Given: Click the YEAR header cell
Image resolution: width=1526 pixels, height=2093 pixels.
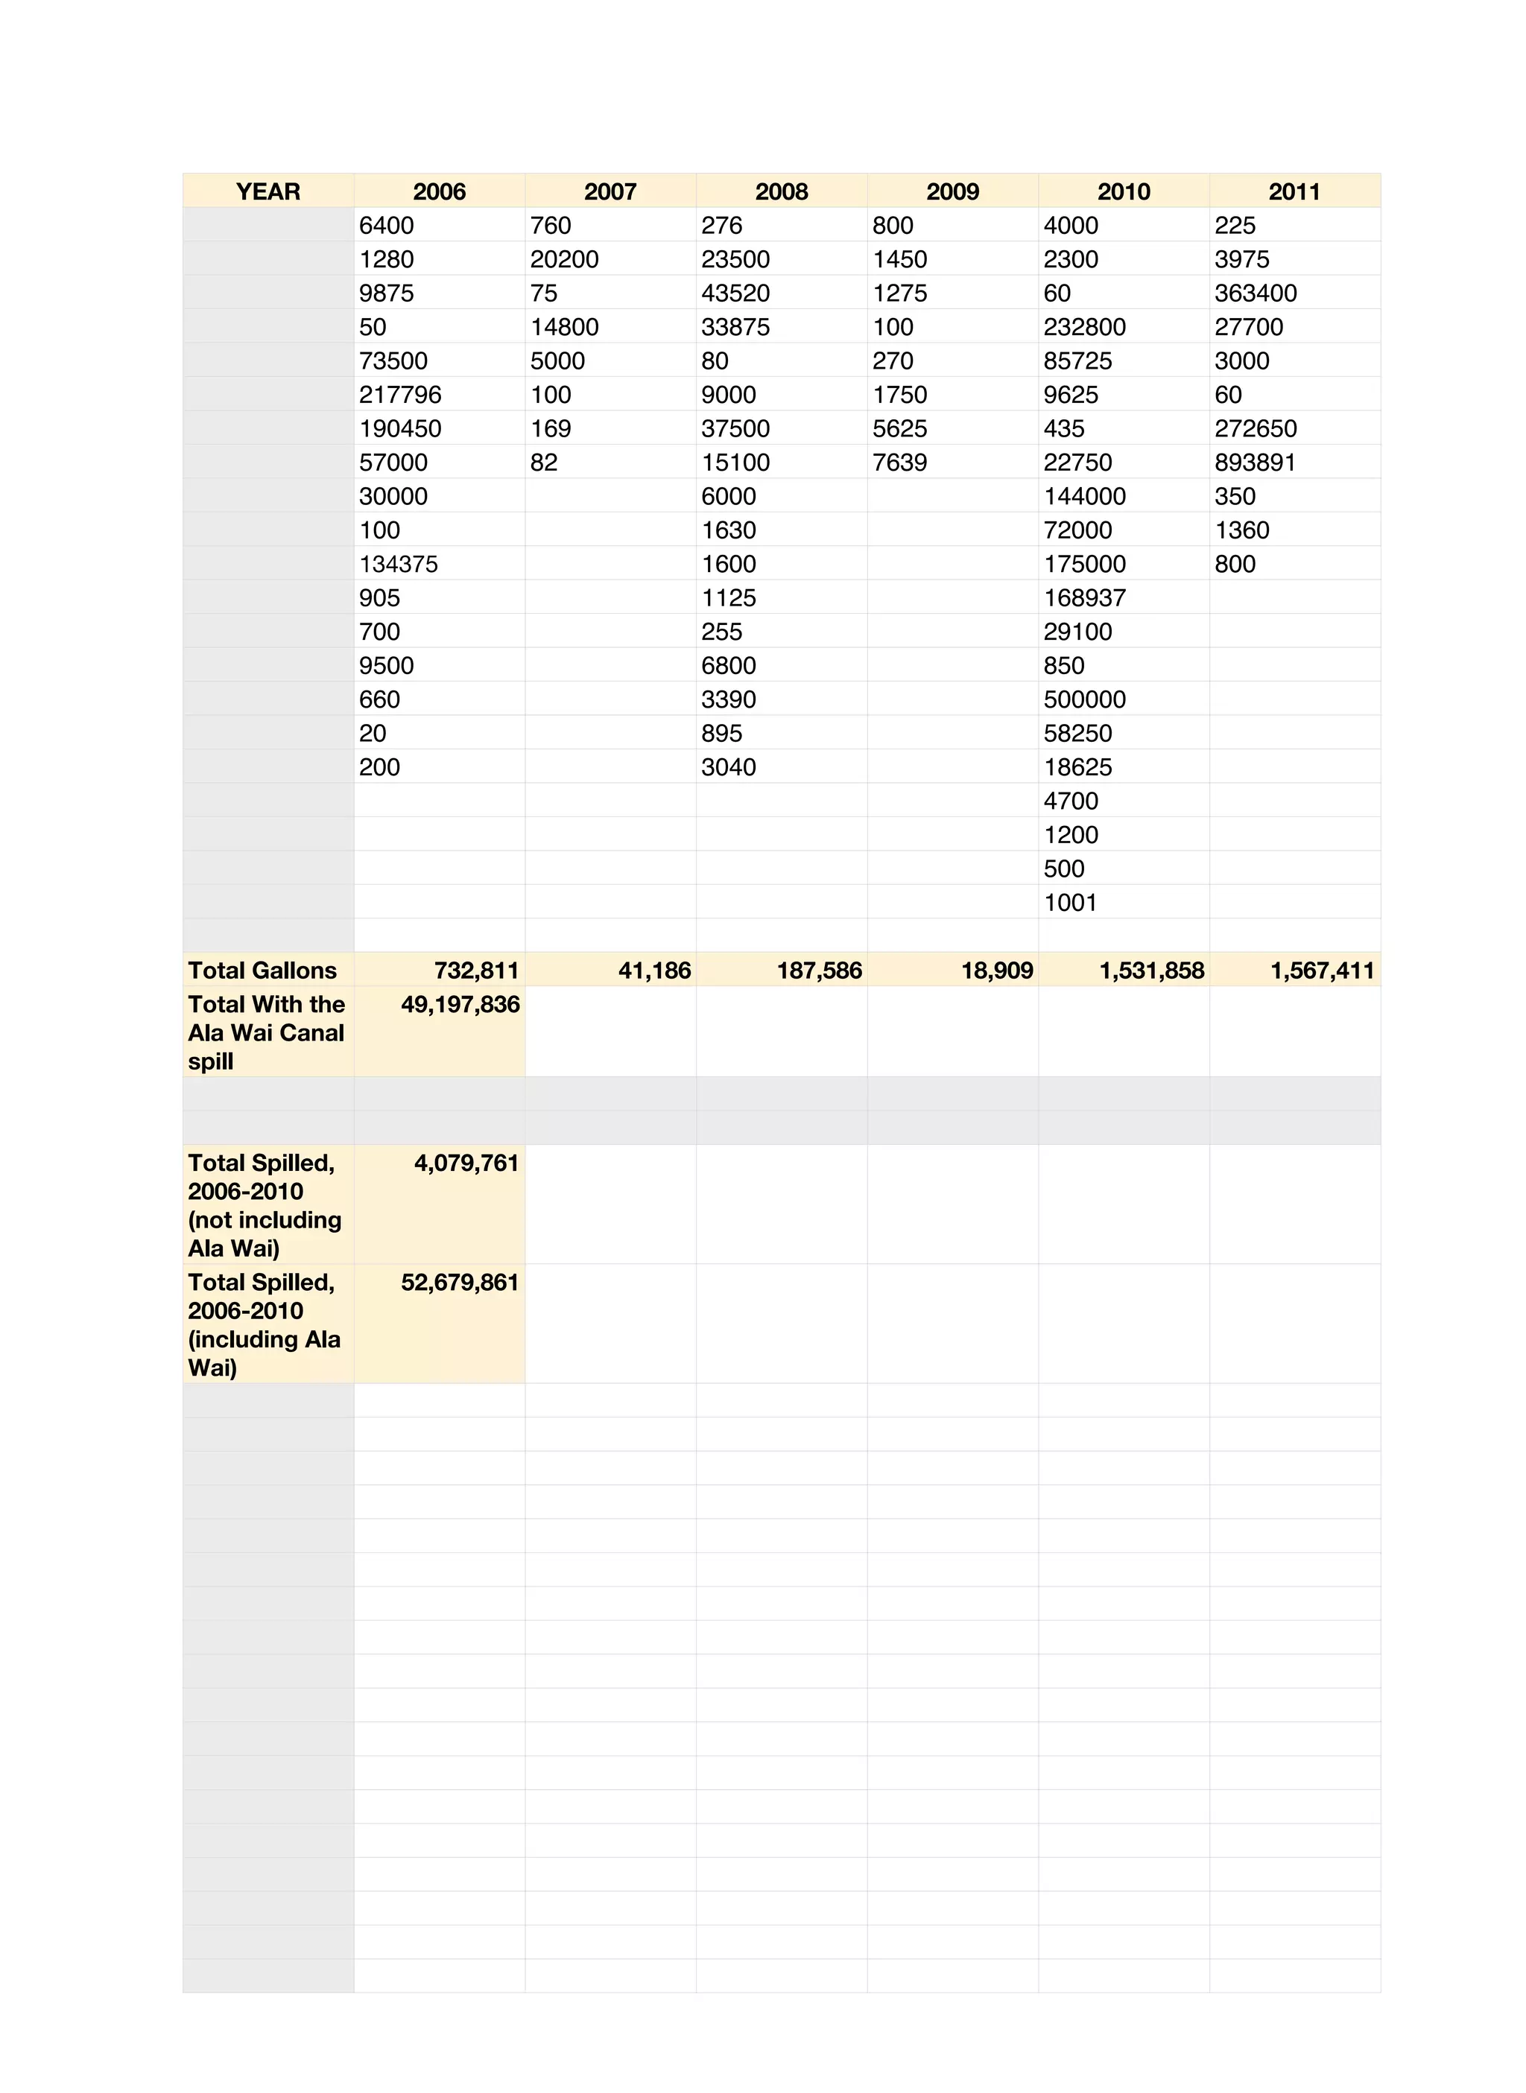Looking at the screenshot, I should click(268, 191).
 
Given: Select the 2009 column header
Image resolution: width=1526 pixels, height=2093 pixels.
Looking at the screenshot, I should click(952, 191).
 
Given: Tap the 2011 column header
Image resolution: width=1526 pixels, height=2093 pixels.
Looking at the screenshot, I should click(1294, 191).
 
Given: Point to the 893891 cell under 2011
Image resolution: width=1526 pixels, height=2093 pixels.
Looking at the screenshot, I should click(1255, 463).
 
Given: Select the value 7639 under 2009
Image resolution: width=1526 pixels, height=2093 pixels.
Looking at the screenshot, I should click(899, 463).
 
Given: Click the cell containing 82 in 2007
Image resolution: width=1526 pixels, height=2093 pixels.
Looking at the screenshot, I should click(544, 463).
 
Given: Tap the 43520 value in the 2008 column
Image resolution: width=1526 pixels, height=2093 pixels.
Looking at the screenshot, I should click(735, 293).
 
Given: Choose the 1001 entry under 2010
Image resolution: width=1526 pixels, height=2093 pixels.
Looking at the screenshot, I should click(1070, 902).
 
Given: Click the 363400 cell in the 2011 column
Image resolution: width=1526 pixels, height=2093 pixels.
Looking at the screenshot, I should click(1256, 293).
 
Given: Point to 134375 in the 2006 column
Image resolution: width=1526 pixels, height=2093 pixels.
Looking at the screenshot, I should click(398, 564).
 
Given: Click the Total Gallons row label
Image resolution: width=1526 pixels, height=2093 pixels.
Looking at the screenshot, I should click(262, 971).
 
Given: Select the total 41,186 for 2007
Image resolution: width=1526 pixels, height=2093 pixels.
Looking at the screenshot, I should click(654, 971).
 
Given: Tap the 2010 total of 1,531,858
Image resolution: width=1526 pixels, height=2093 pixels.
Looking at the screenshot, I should click(1151, 971).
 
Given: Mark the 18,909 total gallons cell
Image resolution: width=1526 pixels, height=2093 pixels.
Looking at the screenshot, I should click(997, 971).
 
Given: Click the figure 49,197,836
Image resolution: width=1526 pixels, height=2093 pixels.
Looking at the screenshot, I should click(460, 1005).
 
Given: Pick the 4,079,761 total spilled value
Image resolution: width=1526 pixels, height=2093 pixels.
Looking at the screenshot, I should click(466, 1163).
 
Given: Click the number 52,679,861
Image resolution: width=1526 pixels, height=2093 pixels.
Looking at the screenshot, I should click(460, 1283).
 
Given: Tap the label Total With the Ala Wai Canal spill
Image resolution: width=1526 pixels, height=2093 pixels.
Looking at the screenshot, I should click(266, 1032).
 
